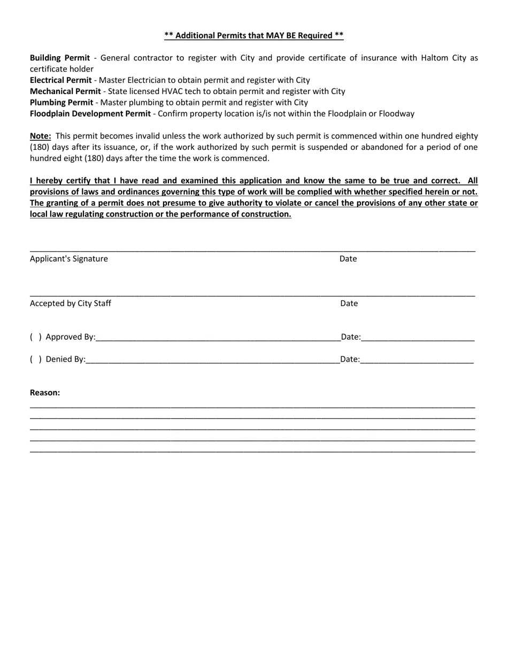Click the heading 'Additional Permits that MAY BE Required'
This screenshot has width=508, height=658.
[254, 36]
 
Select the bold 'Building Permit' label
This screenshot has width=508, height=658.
[60, 58]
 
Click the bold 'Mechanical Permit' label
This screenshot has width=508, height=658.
[65, 91]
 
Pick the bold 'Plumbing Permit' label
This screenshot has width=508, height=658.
[61, 103]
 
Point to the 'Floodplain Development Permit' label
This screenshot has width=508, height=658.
[90, 114]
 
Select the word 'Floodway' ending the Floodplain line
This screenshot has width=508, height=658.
[397, 114]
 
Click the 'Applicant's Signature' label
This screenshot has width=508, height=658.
[69, 259]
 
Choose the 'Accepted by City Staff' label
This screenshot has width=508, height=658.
[71, 304]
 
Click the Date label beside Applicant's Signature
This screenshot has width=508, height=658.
[348, 259]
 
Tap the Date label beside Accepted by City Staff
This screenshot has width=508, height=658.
[349, 304]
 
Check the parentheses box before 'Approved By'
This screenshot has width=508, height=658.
[36, 337]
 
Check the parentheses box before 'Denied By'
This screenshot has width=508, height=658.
[36, 359]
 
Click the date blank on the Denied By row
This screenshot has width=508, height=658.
[417, 361]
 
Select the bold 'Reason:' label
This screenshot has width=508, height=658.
[45, 393]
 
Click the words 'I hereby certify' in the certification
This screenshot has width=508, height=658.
[60, 181]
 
